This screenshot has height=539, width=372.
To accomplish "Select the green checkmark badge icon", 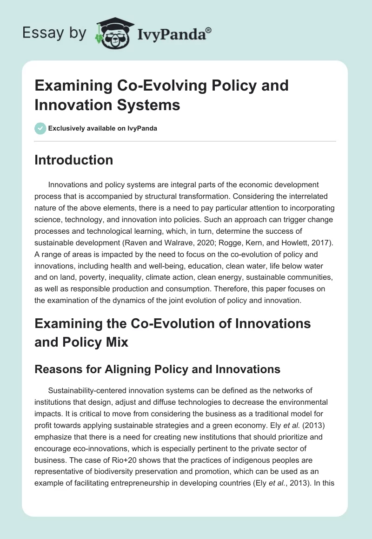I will pyautogui.click(x=40, y=128).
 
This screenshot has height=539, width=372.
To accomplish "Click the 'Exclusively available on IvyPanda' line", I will pyautogui.click(x=102, y=128).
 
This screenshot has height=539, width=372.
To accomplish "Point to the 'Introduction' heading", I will pyautogui.click(x=73, y=160).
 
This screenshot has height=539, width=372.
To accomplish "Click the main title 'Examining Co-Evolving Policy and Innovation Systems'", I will pyautogui.click(x=161, y=95).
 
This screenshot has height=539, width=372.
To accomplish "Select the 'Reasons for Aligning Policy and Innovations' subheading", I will pyautogui.click(x=157, y=369).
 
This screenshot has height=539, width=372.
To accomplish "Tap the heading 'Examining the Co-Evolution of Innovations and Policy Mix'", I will pyautogui.click(x=173, y=332).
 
